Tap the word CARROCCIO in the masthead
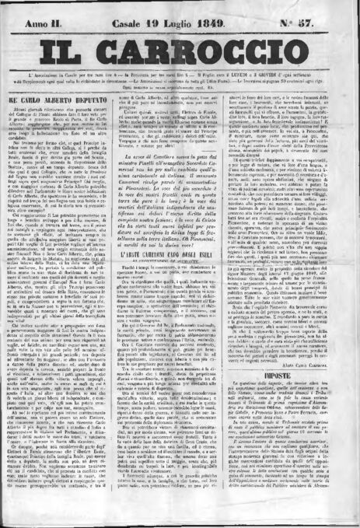(210, 44)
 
